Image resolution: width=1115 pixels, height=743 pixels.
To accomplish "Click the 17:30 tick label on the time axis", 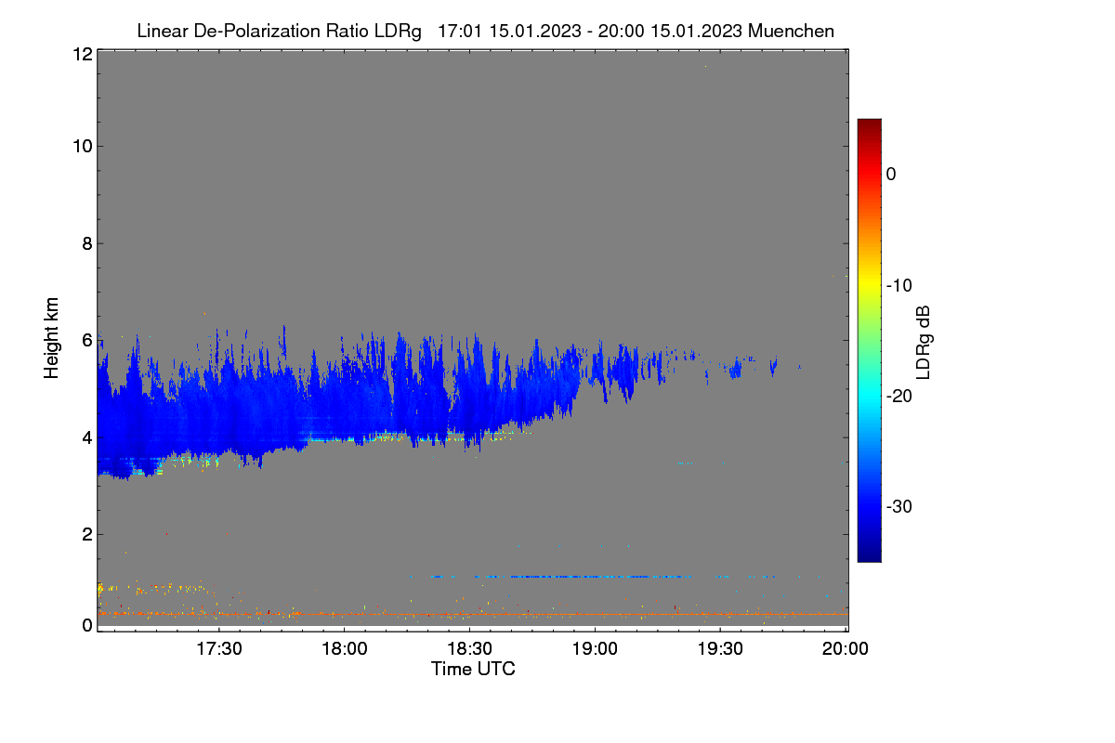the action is (219, 649).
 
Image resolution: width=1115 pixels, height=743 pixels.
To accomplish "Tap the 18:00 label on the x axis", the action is (345, 649).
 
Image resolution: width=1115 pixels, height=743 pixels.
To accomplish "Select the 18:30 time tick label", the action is (469, 649).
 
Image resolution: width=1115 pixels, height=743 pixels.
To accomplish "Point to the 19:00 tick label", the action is (595, 649).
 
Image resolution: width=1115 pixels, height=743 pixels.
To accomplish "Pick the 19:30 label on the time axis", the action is (720, 649).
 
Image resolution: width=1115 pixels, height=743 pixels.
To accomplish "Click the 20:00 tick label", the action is (846, 649).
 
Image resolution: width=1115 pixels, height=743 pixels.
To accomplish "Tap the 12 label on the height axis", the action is (83, 54).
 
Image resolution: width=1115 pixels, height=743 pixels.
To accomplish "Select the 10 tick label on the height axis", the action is (83, 147).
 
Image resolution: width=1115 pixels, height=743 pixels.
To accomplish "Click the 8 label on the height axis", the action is (87, 243).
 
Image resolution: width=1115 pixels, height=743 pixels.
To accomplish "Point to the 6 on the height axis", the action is (87, 341).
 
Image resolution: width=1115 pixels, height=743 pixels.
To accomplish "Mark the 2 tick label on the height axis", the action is (87, 534).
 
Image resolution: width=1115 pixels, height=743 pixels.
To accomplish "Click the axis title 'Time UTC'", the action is (473, 669).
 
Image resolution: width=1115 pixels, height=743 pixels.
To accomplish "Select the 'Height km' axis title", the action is (51, 338).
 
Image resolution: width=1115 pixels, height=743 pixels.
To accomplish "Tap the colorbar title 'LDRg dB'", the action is (924, 343).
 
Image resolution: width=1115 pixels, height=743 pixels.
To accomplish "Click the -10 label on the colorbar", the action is (899, 286).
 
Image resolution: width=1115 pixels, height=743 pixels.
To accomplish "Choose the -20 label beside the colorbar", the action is (899, 397).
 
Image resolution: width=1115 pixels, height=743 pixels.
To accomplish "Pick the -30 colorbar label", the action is (899, 506).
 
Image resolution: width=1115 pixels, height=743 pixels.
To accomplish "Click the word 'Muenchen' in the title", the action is (791, 31).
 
